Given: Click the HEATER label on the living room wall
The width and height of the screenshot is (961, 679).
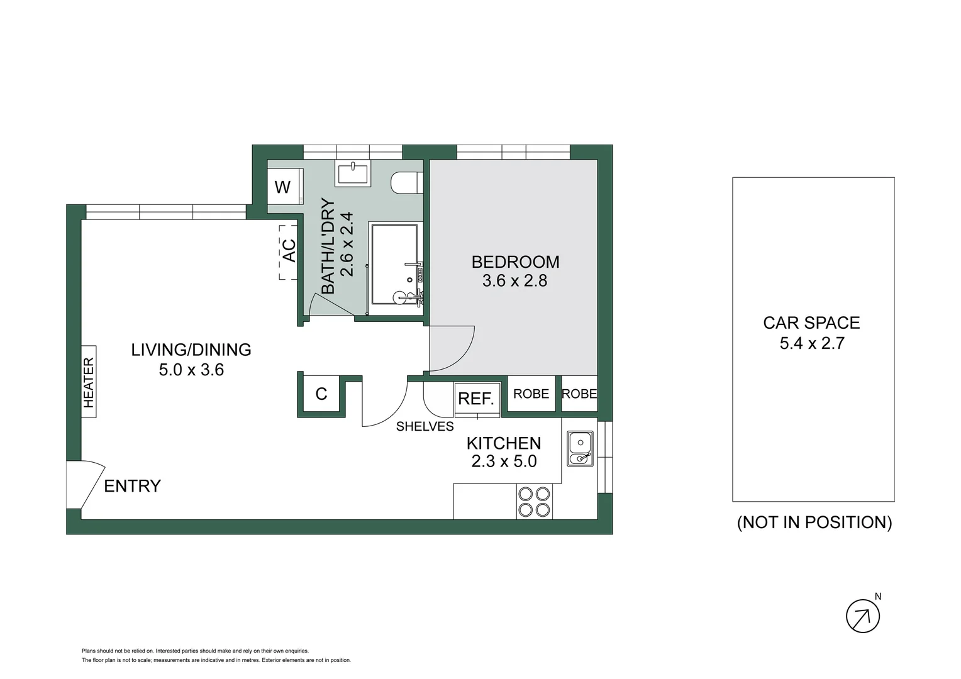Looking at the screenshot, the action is [x=89, y=382].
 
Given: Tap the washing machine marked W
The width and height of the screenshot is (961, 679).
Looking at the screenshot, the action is [x=284, y=187].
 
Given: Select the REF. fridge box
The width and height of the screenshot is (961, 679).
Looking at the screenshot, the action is [x=477, y=399].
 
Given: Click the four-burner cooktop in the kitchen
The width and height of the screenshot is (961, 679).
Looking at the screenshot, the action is [x=534, y=502].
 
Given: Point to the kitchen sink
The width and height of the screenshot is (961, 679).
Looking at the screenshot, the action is [x=580, y=448].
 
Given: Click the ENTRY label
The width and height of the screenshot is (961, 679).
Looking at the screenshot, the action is [x=132, y=486].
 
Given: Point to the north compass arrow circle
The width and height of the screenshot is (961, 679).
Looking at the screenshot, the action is [x=863, y=616].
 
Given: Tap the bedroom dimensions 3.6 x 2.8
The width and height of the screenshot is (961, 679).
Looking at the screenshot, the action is [x=514, y=281].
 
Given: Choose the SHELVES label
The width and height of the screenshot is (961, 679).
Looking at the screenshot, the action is [x=425, y=426].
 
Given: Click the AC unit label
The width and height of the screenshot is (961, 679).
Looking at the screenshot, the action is [x=289, y=250].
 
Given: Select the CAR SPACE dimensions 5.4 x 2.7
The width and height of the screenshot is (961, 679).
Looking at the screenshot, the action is [x=812, y=343].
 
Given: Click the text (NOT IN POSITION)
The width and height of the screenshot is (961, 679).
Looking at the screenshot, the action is [x=814, y=522].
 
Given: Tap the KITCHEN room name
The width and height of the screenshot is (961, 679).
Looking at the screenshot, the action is [x=504, y=443].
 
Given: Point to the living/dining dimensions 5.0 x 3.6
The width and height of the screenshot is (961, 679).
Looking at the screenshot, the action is [x=191, y=370].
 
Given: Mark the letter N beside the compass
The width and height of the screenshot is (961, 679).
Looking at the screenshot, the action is [x=878, y=596].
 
